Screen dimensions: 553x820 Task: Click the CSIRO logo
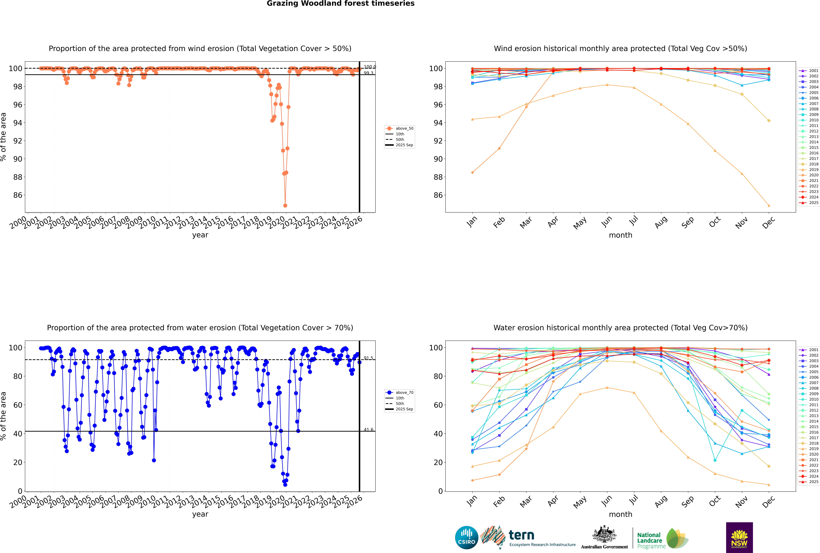pos(466,538)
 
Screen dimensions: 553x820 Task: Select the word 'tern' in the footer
pos(521,535)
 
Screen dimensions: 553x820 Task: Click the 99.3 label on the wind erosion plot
pos(368,73)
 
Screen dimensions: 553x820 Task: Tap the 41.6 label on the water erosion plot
pos(368,430)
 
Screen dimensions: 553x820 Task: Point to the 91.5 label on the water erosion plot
pos(368,358)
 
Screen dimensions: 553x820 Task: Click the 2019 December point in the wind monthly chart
pos(769,206)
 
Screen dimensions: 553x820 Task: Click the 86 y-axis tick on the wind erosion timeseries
pos(18,195)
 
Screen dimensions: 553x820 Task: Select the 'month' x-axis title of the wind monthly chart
pos(620,235)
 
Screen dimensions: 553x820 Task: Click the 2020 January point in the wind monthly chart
pos(472,172)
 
